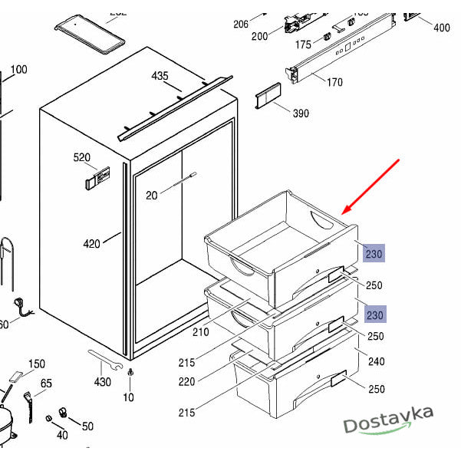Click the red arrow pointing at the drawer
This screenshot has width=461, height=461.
click(372, 186)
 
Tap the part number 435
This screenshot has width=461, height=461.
click(160, 76)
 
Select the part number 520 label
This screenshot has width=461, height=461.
click(82, 158)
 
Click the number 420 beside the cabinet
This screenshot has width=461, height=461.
click(92, 245)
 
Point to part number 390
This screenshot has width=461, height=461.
click(301, 114)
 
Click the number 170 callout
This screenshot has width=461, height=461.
click(334, 82)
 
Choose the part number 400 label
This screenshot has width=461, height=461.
click(442, 28)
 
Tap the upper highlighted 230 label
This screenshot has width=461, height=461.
click(374, 253)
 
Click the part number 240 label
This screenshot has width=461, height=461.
click(376, 362)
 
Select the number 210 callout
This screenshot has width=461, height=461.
click(200, 332)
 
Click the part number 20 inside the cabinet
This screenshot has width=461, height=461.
click(151, 196)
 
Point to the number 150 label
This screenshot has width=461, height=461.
click(37, 364)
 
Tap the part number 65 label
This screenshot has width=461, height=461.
click(46, 384)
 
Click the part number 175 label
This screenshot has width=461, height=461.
click(303, 45)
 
